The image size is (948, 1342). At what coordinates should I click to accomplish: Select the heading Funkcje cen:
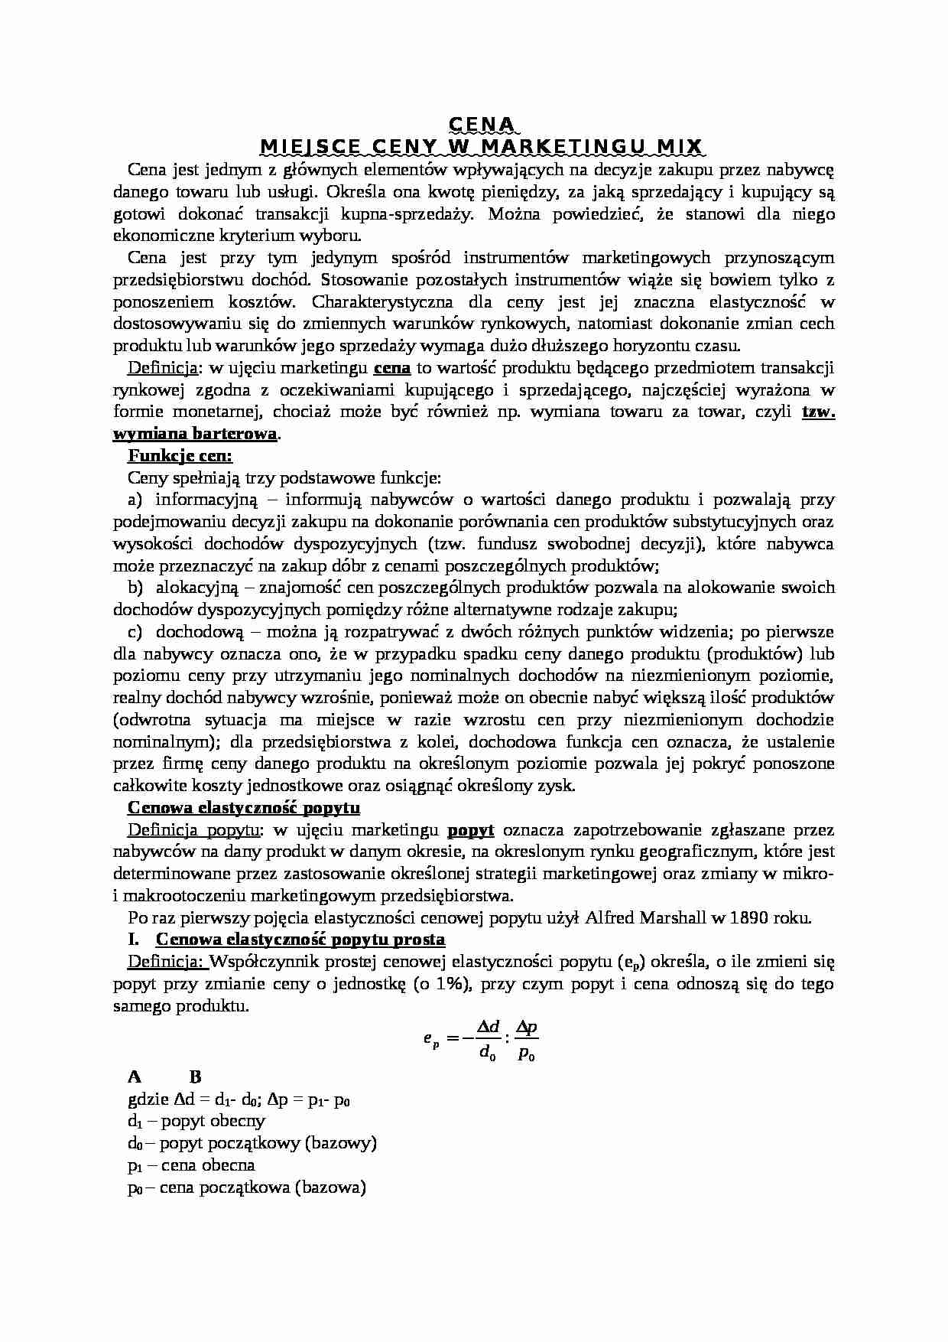point(180,456)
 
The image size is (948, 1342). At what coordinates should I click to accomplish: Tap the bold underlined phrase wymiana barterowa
point(195,434)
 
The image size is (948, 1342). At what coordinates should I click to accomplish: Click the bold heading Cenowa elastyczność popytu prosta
point(300,940)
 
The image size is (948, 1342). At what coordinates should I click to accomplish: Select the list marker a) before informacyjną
point(135,500)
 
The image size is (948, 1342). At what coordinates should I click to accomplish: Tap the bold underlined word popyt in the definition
point(470,830)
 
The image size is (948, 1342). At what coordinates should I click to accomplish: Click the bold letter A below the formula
point(135,1077)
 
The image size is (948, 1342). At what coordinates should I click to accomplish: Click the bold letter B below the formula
point(195,1077)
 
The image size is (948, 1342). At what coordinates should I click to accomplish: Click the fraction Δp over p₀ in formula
point(527,1039)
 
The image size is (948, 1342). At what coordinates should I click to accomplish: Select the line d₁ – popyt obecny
point(196,1121)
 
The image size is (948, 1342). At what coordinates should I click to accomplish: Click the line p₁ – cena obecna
point(191,1165)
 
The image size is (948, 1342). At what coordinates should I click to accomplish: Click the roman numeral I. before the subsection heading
point(135,940)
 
